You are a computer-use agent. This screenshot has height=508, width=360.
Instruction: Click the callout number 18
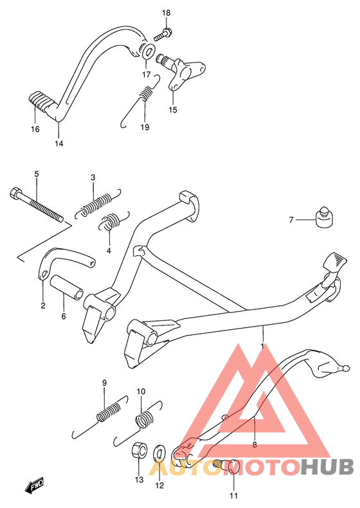[x=166, y=13]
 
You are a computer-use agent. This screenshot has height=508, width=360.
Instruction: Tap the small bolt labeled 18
[x=163, y=34]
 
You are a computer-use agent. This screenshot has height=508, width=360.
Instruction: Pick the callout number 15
[x=173, y=110]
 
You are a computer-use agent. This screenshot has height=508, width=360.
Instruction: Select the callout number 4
[x=109, y=250]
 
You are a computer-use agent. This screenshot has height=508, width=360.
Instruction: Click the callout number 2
[x=43, y=305]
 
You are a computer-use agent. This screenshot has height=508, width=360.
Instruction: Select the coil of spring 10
[x=144, y=419]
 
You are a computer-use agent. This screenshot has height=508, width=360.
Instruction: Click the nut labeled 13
[x=139, y=449]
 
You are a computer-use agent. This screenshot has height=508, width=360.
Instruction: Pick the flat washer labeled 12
[x=159, y=452]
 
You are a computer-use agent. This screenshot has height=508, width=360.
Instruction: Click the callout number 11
[x=233, y=496]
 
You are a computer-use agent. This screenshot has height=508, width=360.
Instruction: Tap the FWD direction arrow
[x=33, y=485]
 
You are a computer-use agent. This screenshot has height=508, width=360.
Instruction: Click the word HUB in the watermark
[x=327, y=467]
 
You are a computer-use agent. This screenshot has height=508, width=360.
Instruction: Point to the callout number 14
[x=59, y=143]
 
